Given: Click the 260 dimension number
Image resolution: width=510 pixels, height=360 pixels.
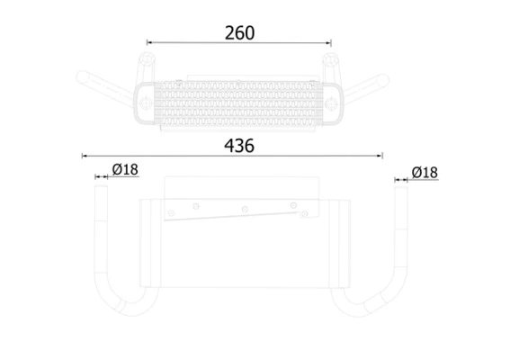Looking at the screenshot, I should (x=240, y=32).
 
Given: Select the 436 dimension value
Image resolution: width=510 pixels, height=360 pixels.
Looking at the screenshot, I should (x=240, y=145).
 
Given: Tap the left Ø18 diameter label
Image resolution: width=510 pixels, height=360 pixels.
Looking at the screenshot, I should (x=125, y=169).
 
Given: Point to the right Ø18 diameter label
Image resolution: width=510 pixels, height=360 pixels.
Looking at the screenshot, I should (x=424, y=172).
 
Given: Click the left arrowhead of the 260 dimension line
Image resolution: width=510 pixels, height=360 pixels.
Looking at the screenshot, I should (x=150, y=42).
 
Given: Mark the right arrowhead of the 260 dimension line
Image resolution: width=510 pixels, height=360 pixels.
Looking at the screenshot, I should (x=329, y=42).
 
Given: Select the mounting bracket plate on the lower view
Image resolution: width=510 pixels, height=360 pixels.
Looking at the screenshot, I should (x=241, y=208).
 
